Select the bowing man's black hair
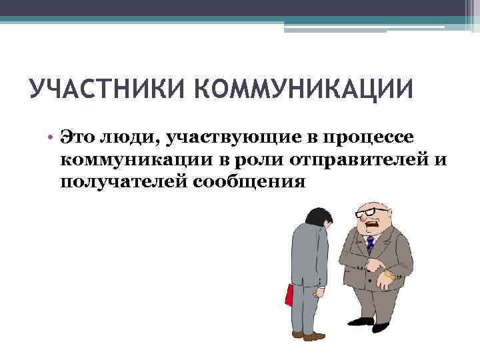[314, 217]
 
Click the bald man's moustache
[371, 225]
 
